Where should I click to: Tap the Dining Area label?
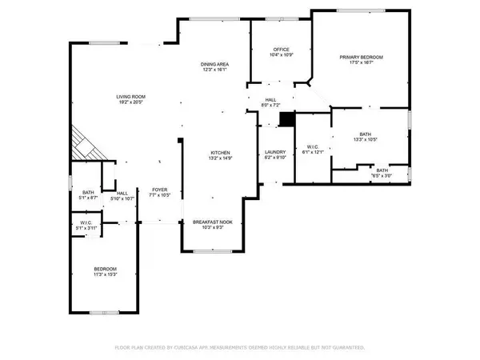click(x=216, y=63)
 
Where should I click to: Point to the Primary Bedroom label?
click(x=362, y=58)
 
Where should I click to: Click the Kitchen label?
click(x=221, y=152)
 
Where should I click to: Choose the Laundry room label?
click(x=275, y=152)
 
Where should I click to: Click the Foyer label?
click(x=159, y=190)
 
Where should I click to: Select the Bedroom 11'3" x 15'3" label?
click(x=106, y=269)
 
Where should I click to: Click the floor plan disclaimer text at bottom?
click(x=240, y=348)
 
